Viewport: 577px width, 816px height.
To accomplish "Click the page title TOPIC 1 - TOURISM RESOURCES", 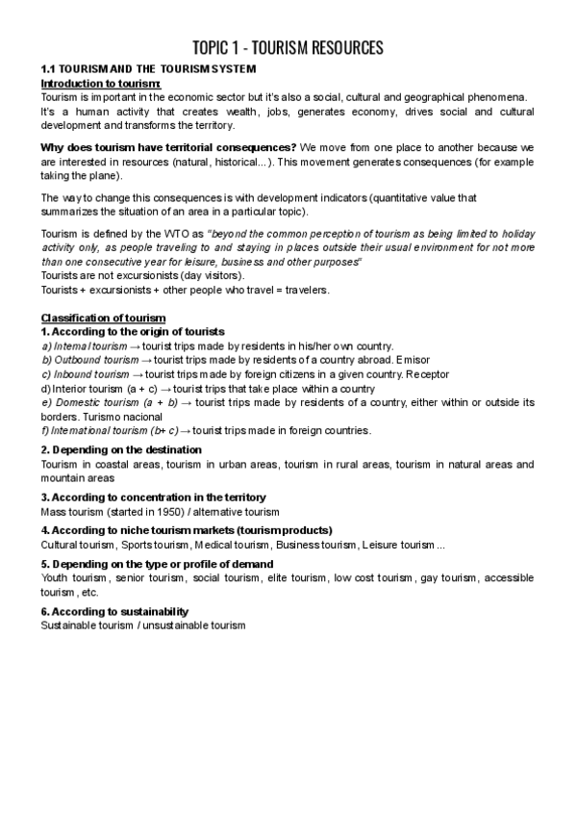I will (x=288, y=47).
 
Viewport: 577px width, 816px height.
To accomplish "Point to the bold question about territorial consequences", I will (x=168, y=147).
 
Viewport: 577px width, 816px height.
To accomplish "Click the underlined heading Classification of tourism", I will (x=103, y=319).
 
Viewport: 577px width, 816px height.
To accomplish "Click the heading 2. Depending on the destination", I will (x=121, y=449).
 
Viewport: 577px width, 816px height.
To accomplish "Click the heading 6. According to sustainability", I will (x=114, y=612).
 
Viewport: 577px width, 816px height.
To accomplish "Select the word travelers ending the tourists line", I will (x=305, y=290).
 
